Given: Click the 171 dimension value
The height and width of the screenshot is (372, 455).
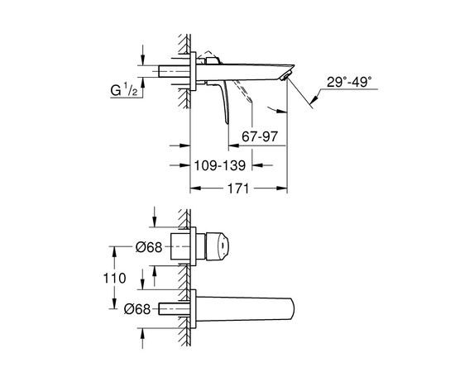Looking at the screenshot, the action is click(x=237, y=188).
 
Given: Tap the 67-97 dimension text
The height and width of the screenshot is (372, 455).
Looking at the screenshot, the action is click(x=260, y=136).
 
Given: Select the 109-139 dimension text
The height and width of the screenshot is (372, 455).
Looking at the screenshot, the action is click(x=220, y=165).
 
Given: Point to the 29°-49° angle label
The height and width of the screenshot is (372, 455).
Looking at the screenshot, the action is click(x=349, y=82).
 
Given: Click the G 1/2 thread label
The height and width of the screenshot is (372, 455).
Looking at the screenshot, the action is click(x=124, y=89).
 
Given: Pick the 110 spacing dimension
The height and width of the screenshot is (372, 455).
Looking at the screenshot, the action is click(x=115, y=279).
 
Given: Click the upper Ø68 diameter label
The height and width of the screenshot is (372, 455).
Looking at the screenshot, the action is click(x=149, y=247).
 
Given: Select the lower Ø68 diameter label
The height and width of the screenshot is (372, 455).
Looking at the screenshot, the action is click(x=137, y=309).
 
